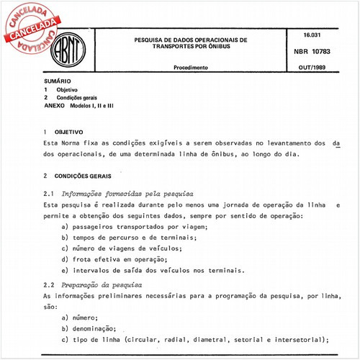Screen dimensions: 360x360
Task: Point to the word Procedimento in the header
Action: tap(191, 67)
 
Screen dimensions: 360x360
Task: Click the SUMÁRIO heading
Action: tap(56, 83)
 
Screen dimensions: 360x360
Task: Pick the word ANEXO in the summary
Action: tap(54, 105)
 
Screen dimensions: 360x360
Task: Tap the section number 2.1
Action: tap(49, 194)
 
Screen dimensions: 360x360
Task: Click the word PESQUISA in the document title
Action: tap(153, 40)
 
